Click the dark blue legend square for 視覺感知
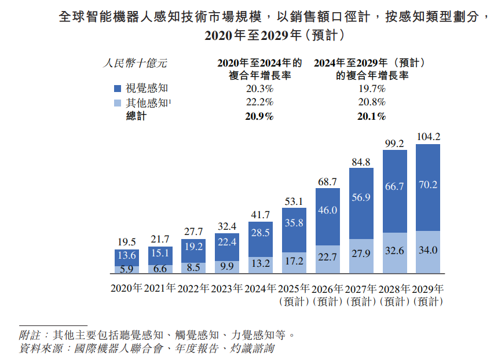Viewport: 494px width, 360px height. click(x=118, y=89)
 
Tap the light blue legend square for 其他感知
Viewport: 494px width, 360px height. click(x=118, y=103)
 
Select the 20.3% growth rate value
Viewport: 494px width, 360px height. click(x=259, y=89)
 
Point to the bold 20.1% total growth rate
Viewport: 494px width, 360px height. click(x=371, y=116)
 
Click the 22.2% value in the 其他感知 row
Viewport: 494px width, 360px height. click(x=259, y=102)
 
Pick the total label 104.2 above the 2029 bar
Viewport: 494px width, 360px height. click(x=429, y=137)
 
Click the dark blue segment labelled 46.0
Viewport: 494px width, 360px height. click(x=328, y=216)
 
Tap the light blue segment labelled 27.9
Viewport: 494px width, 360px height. click(x=361, y=256)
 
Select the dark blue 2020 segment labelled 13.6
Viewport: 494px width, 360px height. click(x=127, y=258)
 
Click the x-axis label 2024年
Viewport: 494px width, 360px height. click(x=260, y=288)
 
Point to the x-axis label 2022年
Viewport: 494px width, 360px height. click(x=193, y=288)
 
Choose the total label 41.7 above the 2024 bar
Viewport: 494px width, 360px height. click(x=260, y=215)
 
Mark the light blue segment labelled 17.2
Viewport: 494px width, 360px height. click(x=294, y=263)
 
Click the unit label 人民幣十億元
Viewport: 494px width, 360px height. click(x=135, y=63)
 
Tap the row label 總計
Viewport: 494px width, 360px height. click(x=136, y=116)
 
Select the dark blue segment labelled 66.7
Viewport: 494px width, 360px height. click(x=395, y=191)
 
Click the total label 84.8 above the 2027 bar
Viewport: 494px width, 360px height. click(x=361, y=162)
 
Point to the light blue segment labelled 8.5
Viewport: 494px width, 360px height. click(x=193, y=268)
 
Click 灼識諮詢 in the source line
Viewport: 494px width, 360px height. click(x=252, y=348)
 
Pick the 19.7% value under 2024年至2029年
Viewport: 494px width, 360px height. click(x=372, y=89)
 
